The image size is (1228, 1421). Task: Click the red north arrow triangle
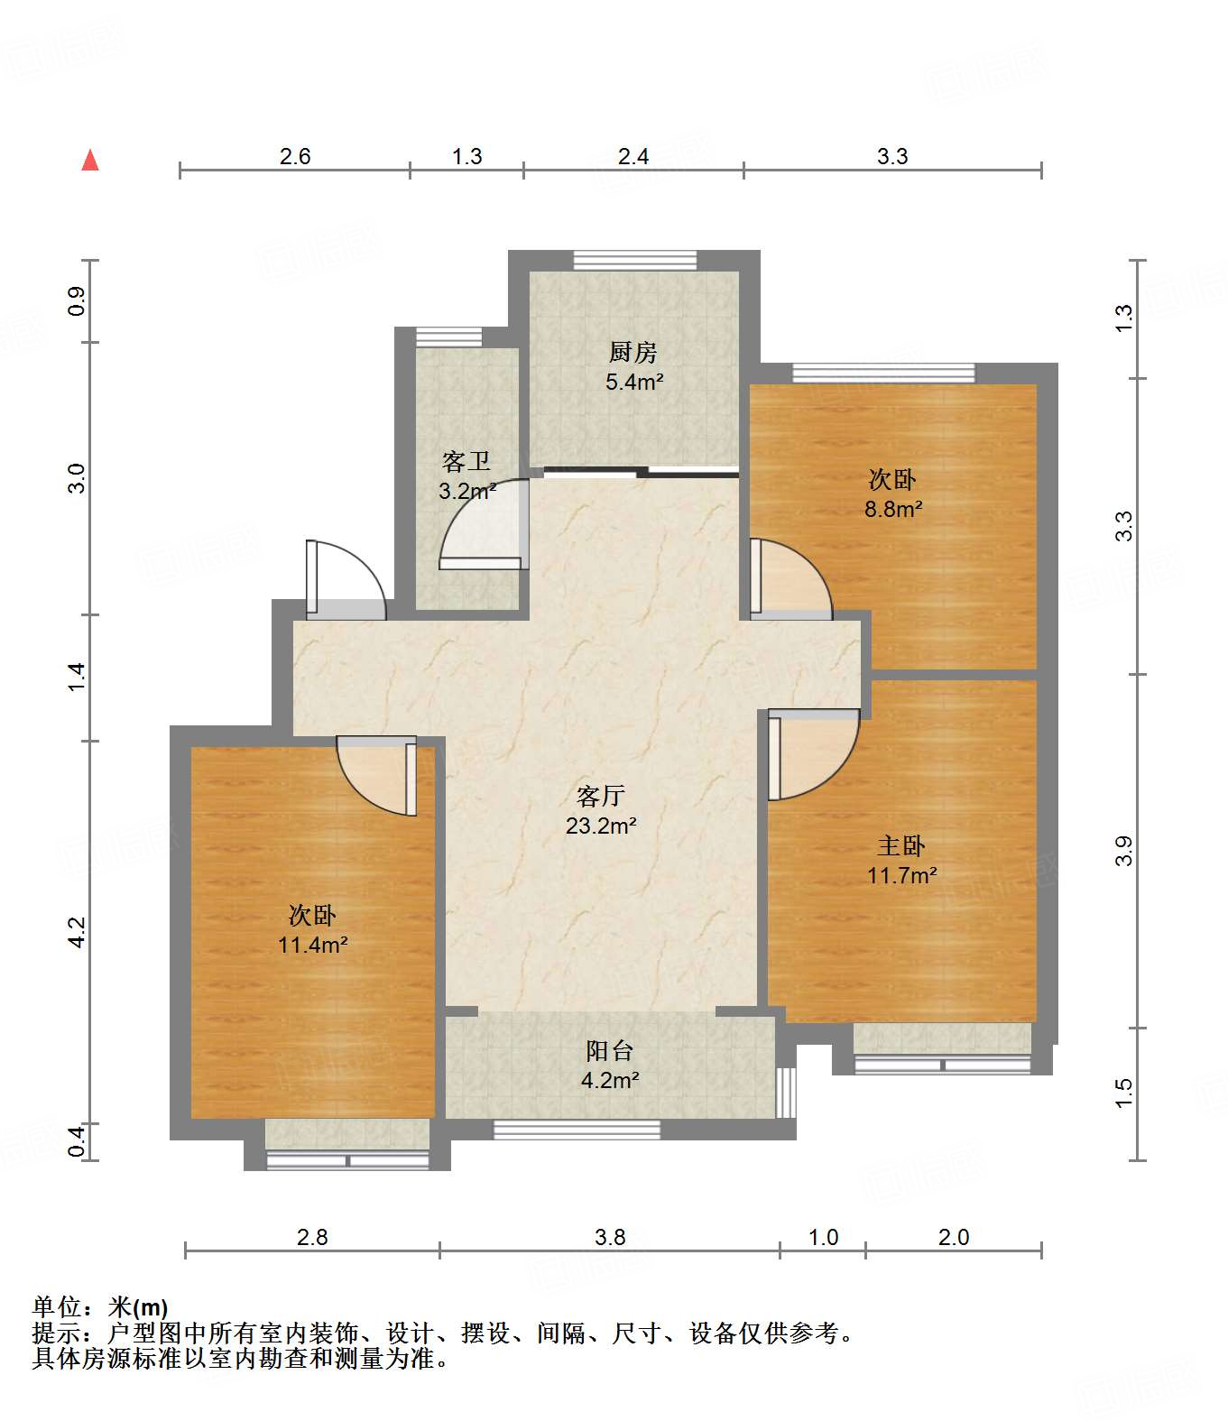coord(90,161)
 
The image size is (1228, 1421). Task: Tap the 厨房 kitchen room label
coord(632,353)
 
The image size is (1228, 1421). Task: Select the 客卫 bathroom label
coord(466,461)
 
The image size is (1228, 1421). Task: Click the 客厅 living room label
coord(600,796)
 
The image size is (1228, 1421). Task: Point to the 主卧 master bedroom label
coord(900,845)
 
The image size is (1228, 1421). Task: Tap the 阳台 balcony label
coord(609,1050)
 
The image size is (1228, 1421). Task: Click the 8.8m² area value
coord(893,510)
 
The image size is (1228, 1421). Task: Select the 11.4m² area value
coord(312,946)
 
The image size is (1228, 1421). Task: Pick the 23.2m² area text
coord(601,826)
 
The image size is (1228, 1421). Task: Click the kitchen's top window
coord(634,260)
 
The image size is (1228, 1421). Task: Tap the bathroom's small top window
coord(448,337)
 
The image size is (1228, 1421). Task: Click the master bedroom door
coord(813,754)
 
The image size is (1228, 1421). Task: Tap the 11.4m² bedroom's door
coord(377,776)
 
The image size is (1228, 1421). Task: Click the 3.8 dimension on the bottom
coord(610,1238)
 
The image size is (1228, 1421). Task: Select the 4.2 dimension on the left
coord(77,932)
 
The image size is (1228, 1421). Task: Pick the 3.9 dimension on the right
coord(1122,851)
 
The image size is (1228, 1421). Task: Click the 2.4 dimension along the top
coord(632,157)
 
